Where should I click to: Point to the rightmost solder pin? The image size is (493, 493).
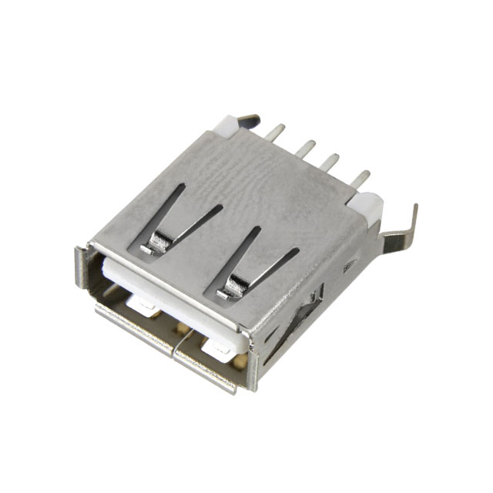[x=361, y=178]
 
